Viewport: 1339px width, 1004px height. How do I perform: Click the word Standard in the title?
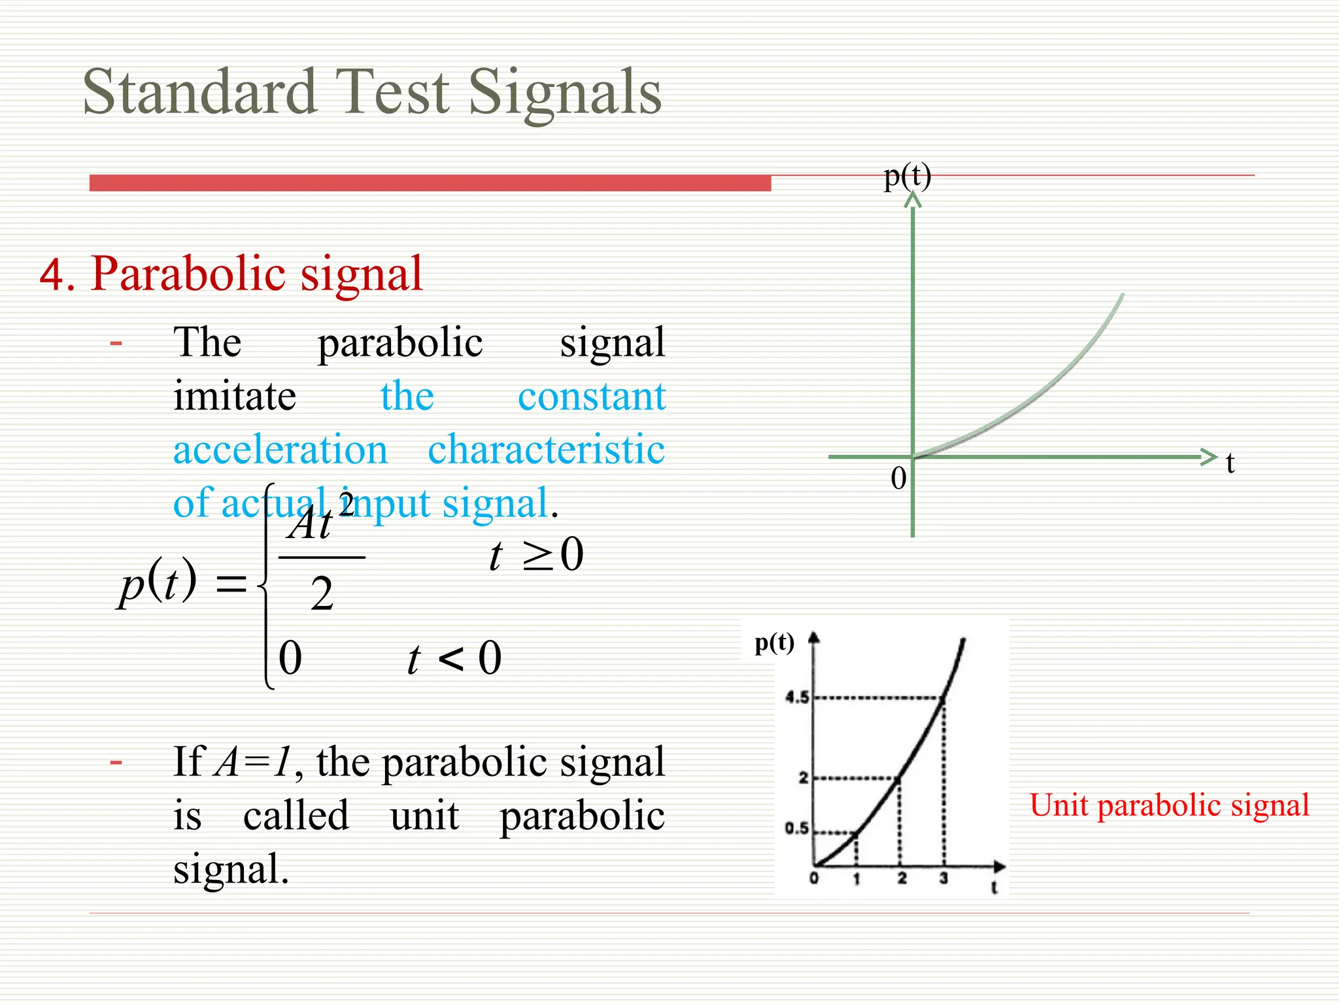coord(199,92)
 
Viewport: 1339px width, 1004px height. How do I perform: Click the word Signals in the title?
coord(565,92)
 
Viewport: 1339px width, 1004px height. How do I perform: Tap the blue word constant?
coord(592,396)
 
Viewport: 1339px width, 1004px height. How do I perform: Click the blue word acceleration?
coord(280,450)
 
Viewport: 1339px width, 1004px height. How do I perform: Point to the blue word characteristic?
coord(546,450)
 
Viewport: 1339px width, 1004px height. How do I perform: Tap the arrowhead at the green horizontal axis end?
coord(1208,457)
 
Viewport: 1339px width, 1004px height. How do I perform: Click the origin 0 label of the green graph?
coord(899,478)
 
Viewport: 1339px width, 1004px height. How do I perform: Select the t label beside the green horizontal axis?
coord(1230,463)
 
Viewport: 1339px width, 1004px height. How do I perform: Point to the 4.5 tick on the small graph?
coord(797,697)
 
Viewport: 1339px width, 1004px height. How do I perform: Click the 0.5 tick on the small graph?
coord(797,829)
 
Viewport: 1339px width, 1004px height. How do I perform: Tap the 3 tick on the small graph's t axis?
coord(943,878)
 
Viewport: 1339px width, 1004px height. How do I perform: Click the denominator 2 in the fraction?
coord(322,594)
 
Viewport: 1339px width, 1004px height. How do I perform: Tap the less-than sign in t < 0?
coord(450,659)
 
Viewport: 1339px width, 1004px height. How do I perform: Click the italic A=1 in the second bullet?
coord(252,762)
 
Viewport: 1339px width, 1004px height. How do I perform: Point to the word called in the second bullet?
coord(296,816)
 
